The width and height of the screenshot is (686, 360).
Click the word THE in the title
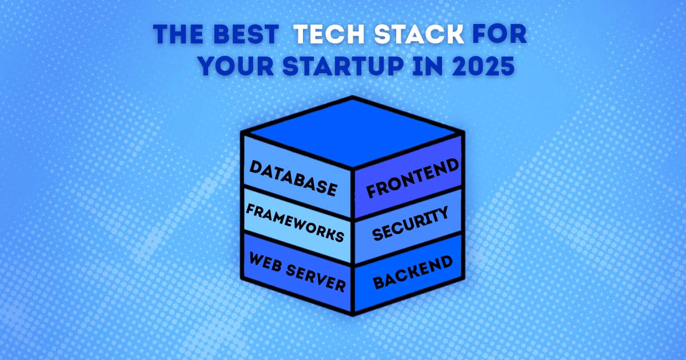click(178, 34)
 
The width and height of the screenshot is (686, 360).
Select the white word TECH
click(329, 34)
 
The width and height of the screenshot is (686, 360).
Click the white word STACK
click(419, 34)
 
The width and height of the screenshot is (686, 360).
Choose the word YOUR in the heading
click(236, 66)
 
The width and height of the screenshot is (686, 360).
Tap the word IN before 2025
click(428, 66)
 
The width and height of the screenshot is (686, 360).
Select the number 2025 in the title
click(483, 66)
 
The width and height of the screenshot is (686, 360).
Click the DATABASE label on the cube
click(293, 178)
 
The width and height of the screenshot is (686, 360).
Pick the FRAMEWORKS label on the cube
click(295, 223)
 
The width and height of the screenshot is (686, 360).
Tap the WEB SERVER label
click(297, 272)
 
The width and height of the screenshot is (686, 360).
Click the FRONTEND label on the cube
click(413, 178)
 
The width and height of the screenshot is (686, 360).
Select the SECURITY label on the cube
click(410, 223)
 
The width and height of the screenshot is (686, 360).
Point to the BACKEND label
click(413, 273)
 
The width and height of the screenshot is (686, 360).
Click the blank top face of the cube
click(353, 132)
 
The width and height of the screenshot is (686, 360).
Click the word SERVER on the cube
click(316, 279)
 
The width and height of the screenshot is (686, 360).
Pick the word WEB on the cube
click(265, 262)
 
